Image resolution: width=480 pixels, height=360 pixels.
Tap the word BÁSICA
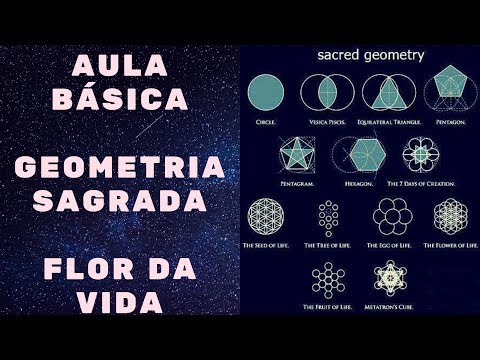click(x=122, y=100)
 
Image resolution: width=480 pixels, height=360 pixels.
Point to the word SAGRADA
click(x=120, y=201)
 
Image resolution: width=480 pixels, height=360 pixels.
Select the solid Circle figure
click(x=269, y=92)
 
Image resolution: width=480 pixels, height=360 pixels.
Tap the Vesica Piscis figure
click(x=321, y=92)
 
